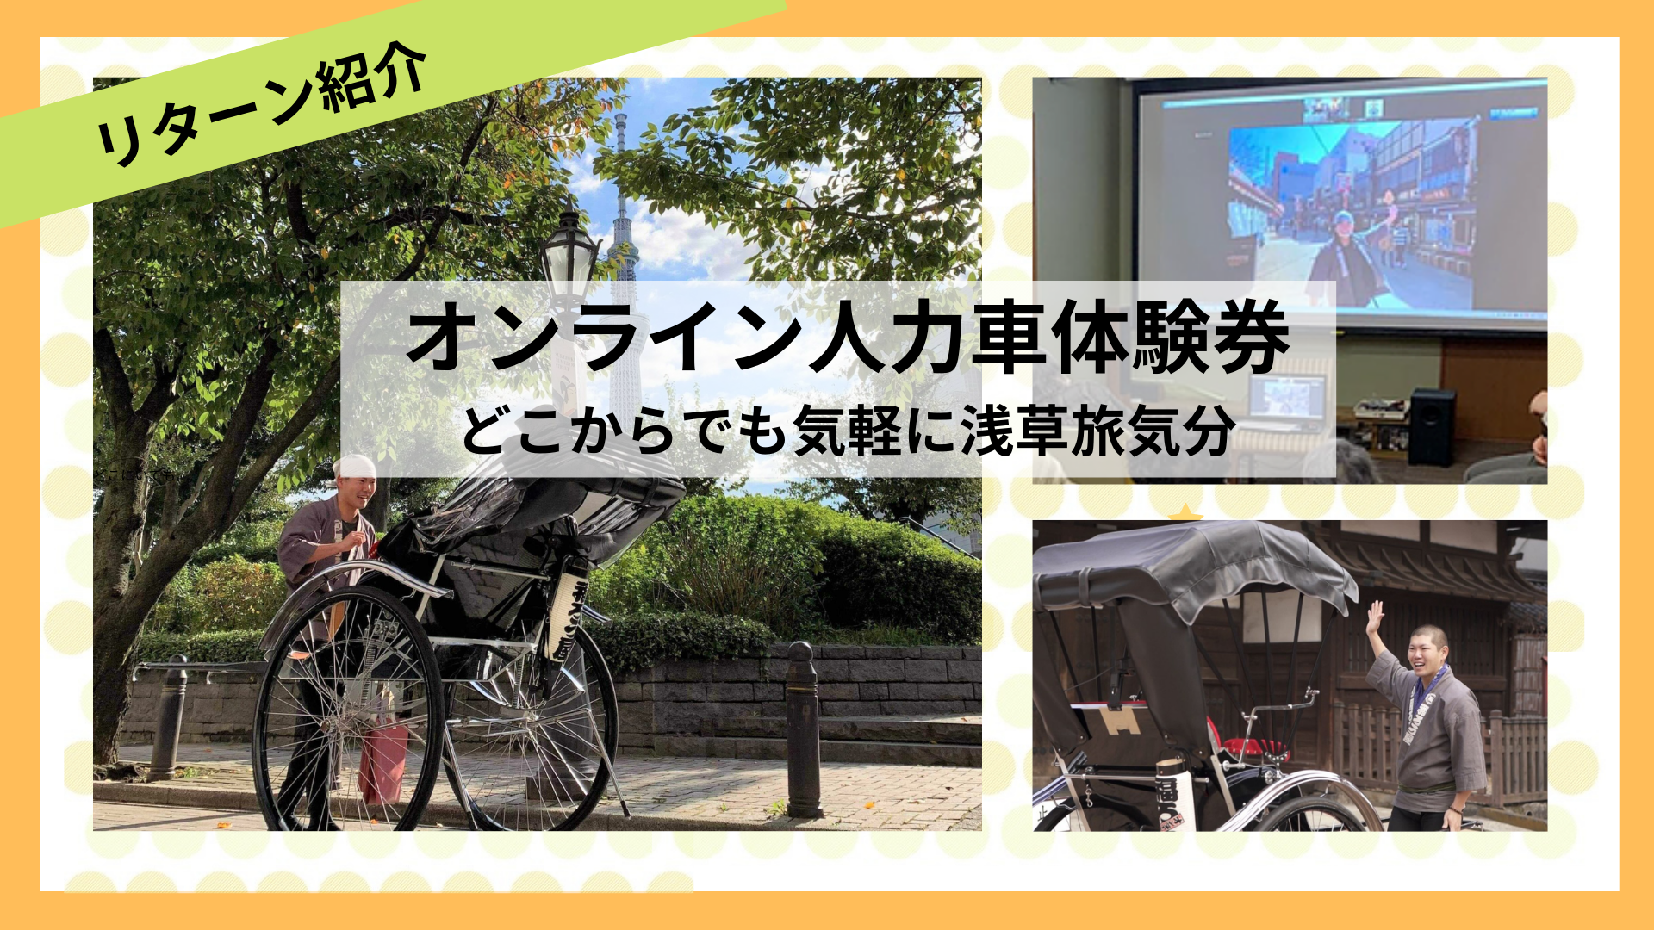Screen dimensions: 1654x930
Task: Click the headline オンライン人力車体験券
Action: point(849,338)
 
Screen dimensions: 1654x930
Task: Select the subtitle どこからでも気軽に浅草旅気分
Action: point(849,431)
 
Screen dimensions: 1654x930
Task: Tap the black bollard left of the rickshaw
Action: point(168,719)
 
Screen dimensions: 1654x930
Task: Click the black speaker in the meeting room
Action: point(1431,426)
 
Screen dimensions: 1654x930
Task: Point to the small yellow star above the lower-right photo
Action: point(1185,513)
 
